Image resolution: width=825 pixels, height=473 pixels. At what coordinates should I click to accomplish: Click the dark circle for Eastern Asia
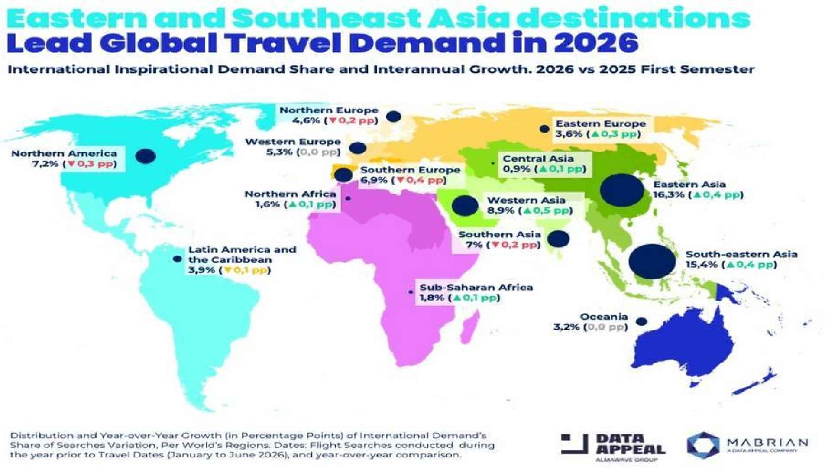622,190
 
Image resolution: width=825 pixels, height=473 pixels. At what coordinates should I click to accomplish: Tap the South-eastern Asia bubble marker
652,261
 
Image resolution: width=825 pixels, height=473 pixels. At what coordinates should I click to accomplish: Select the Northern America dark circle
146,156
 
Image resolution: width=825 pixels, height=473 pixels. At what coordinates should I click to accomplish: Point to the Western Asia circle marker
465,206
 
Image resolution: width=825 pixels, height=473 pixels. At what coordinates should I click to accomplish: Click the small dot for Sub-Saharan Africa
410,292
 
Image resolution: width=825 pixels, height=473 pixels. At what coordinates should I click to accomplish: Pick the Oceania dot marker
642,321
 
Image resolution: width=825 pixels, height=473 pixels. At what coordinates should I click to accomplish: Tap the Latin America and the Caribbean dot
177,259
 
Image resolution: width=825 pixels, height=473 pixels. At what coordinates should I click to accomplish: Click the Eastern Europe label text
601,124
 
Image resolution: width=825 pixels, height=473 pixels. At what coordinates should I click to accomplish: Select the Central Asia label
538,159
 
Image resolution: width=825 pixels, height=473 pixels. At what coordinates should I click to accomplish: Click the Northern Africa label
290,194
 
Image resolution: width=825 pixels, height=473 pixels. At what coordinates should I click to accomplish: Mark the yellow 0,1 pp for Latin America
245,270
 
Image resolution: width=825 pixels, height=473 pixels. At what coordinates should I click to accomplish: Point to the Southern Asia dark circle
559,239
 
